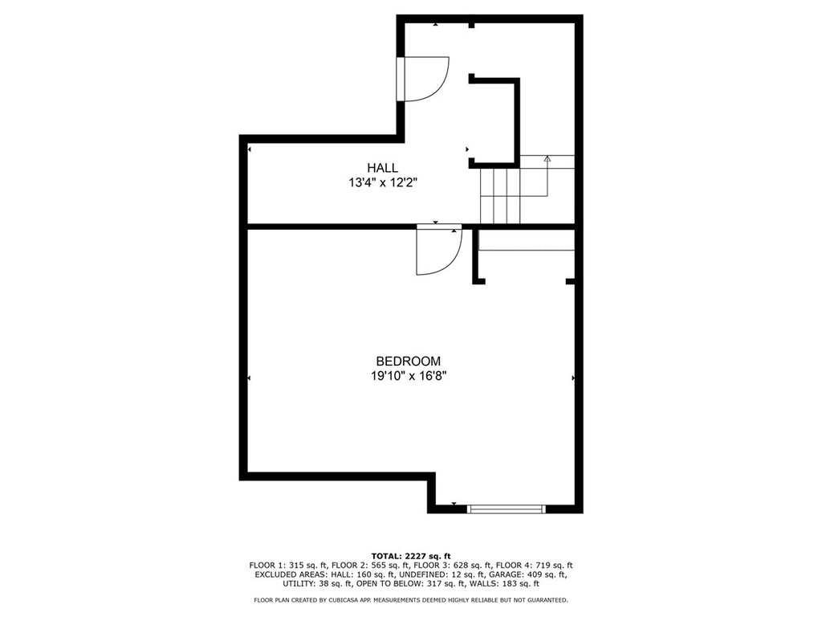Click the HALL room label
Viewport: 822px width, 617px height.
382,168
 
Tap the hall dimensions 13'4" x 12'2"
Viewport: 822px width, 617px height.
383,182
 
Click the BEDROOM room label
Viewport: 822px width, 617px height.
409,361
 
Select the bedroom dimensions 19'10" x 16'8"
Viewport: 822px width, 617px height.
409,376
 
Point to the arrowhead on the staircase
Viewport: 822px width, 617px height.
547,158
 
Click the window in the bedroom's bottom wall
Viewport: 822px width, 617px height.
506,509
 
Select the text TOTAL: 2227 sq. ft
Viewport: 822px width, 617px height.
411,556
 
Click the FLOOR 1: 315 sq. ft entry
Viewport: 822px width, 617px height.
288,566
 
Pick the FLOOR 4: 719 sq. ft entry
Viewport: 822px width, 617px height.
534,566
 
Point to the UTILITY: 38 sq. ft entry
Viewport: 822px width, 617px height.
317,583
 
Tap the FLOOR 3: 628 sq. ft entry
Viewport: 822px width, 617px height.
453,566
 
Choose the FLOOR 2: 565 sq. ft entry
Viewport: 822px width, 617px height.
370,566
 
